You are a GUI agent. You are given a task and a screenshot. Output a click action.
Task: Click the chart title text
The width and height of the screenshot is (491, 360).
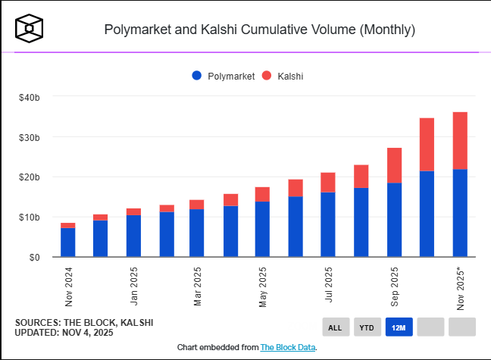pos(259,30)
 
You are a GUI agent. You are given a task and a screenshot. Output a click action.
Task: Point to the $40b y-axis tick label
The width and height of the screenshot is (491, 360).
pos(30,97)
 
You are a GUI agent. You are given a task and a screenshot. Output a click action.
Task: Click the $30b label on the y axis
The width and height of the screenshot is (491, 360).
pos(30,137)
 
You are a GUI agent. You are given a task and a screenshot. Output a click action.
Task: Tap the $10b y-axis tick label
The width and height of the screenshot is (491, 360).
pos(30,218)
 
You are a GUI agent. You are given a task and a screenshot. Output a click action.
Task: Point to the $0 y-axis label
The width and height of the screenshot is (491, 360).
pos(35,258)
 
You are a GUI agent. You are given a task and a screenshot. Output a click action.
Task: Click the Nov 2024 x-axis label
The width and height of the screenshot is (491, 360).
pos(69,286)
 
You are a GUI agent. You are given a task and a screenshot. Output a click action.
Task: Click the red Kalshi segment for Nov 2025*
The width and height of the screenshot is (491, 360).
pos(460,140)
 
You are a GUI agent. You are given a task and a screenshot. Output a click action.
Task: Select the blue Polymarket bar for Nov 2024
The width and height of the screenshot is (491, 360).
pos(68,243)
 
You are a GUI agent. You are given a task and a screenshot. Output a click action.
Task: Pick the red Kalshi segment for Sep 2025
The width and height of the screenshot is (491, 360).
pos(394,165)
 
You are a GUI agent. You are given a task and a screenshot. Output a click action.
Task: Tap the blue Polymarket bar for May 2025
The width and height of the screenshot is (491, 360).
pos(263,229)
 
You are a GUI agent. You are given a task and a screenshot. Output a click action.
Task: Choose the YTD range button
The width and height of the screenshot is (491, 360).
pos(367,327)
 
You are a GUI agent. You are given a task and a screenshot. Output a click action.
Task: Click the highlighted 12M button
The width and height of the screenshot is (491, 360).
pos(399,327)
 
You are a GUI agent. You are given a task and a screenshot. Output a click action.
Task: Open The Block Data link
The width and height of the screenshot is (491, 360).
pos(288,347)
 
